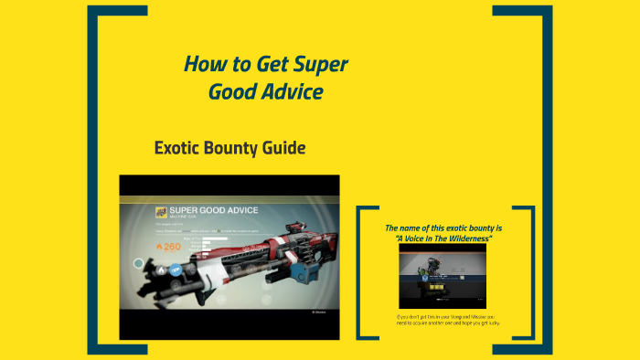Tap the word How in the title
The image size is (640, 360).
pyautogui.click(x=205, y=65)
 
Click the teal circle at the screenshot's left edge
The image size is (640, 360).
pyautogui.click(x=139, y=264)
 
